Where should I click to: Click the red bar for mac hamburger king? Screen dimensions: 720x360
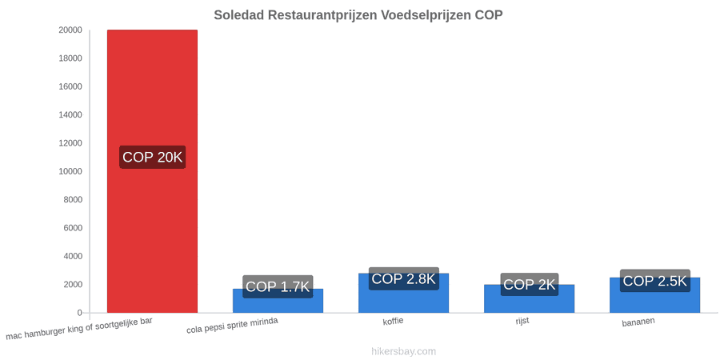pos(152,171)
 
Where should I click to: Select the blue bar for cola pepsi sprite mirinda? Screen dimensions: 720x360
pos(278,301)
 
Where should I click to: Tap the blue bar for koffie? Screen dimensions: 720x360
pos(404,293)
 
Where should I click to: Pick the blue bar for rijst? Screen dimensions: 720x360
pos(529,298)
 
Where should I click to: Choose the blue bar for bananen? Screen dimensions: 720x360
pos(654,295)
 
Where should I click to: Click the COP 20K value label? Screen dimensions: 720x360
pos(153,157)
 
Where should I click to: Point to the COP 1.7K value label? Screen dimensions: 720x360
pos(278,286)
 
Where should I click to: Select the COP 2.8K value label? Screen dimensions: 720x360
pos(404,278)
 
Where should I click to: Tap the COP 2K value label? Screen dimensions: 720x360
pos(530,284)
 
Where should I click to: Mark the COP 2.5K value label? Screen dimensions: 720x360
pos(654,281)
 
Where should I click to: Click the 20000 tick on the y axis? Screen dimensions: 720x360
pos(70,30)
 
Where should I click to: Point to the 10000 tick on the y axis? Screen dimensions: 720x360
pos(70,171)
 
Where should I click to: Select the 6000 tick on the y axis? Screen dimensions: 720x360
pos(73,228)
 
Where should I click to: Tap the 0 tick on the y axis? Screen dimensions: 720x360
pos(80,313)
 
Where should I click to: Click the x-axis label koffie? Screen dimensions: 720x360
pos(393,321)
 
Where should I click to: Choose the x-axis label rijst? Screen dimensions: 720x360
pos(522,321)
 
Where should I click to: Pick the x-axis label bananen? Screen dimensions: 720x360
pos(638,322)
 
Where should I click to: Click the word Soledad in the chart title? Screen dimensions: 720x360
pos(238,15)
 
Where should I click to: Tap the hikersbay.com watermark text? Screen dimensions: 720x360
pos(404,352)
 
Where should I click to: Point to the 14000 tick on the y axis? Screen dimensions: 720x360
pos(70,114)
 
